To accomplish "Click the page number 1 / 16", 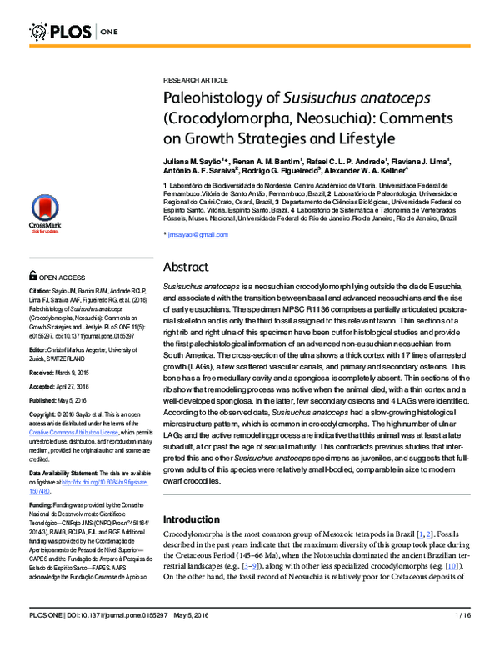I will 462,638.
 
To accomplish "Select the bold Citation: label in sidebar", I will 41,291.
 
